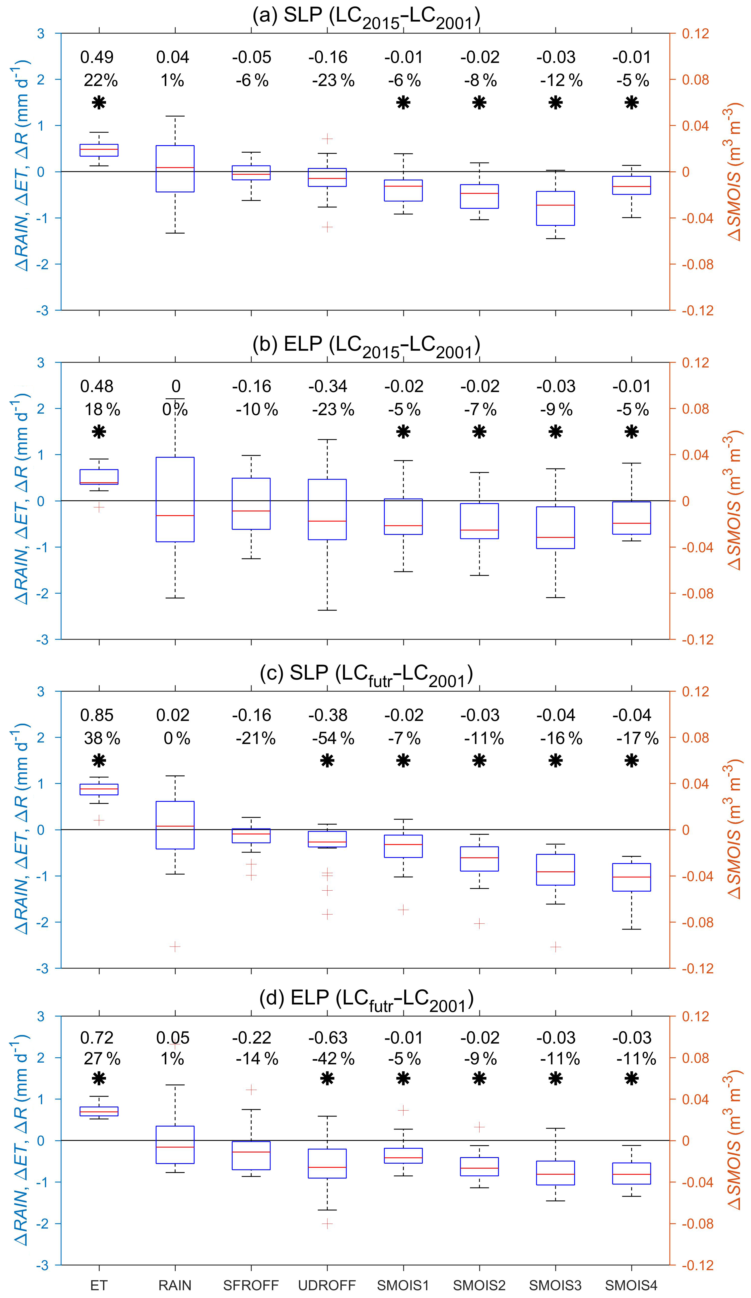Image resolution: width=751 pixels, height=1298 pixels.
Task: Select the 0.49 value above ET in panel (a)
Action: pyautogui.click(x=97, y=57)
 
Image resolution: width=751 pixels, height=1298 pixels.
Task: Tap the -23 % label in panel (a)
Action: pyautogui.click(x=333, y=80)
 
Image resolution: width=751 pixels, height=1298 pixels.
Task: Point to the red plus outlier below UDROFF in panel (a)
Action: pyautogui.click(x=327, y=227)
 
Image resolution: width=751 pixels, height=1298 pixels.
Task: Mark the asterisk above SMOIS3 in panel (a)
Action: pyautogui.click(x=556, y=103)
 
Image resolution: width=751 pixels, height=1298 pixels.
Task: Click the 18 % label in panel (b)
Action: pyautogui.click(x=102, y=410)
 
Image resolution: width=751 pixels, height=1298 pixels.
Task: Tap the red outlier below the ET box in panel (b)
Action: pyautogui.click(x=99, y=507)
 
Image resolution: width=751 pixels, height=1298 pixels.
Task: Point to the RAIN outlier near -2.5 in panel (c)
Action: pyautogui.click(x=175, y=946)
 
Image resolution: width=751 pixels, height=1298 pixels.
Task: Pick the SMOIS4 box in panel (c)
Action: pyautogui.click(x=631, y=877)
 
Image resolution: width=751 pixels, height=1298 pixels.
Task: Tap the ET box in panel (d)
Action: pyautogui.click(x=99, y=1111)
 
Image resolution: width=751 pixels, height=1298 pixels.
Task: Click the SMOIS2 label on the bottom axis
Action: pyautogui.click(x=479, y=1285)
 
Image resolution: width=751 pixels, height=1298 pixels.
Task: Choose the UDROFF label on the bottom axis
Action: pyautogui.click(x=327, y=1285)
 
